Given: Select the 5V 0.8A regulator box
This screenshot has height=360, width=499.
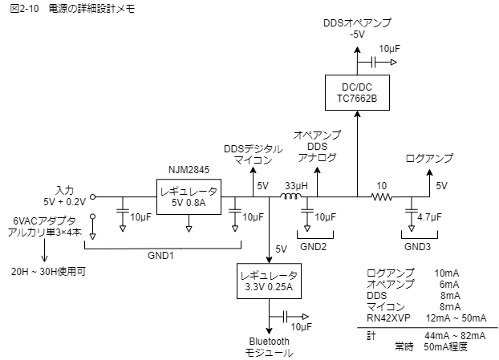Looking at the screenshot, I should coord(189,196).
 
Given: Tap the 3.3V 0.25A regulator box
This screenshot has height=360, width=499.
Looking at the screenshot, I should coord(269,281).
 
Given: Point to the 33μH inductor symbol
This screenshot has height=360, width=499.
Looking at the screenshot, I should coord(290,196).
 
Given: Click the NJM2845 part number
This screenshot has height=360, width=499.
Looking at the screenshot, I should coord(189,169).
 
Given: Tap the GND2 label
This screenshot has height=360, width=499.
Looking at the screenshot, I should coord(313,247).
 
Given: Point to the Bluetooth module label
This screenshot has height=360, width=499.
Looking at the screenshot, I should coord(269,347).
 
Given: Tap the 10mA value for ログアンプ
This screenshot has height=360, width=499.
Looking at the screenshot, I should coord(447,273).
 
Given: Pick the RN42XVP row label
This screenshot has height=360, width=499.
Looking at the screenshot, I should coord(389,318).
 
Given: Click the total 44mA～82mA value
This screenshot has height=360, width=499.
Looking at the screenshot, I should coord(455,335).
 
